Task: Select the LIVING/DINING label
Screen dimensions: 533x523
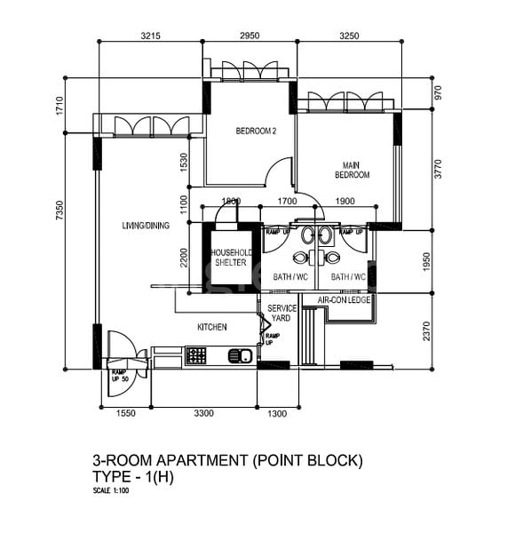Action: tap(146, 226)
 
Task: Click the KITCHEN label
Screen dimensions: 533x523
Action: tap(211, 327)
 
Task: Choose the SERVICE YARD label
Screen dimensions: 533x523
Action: tap(281, 313)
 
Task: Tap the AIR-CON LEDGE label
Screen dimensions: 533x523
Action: tap(345, 300)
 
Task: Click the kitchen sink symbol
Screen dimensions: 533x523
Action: tap(240, 356)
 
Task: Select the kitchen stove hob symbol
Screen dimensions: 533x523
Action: tap(195, 356)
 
